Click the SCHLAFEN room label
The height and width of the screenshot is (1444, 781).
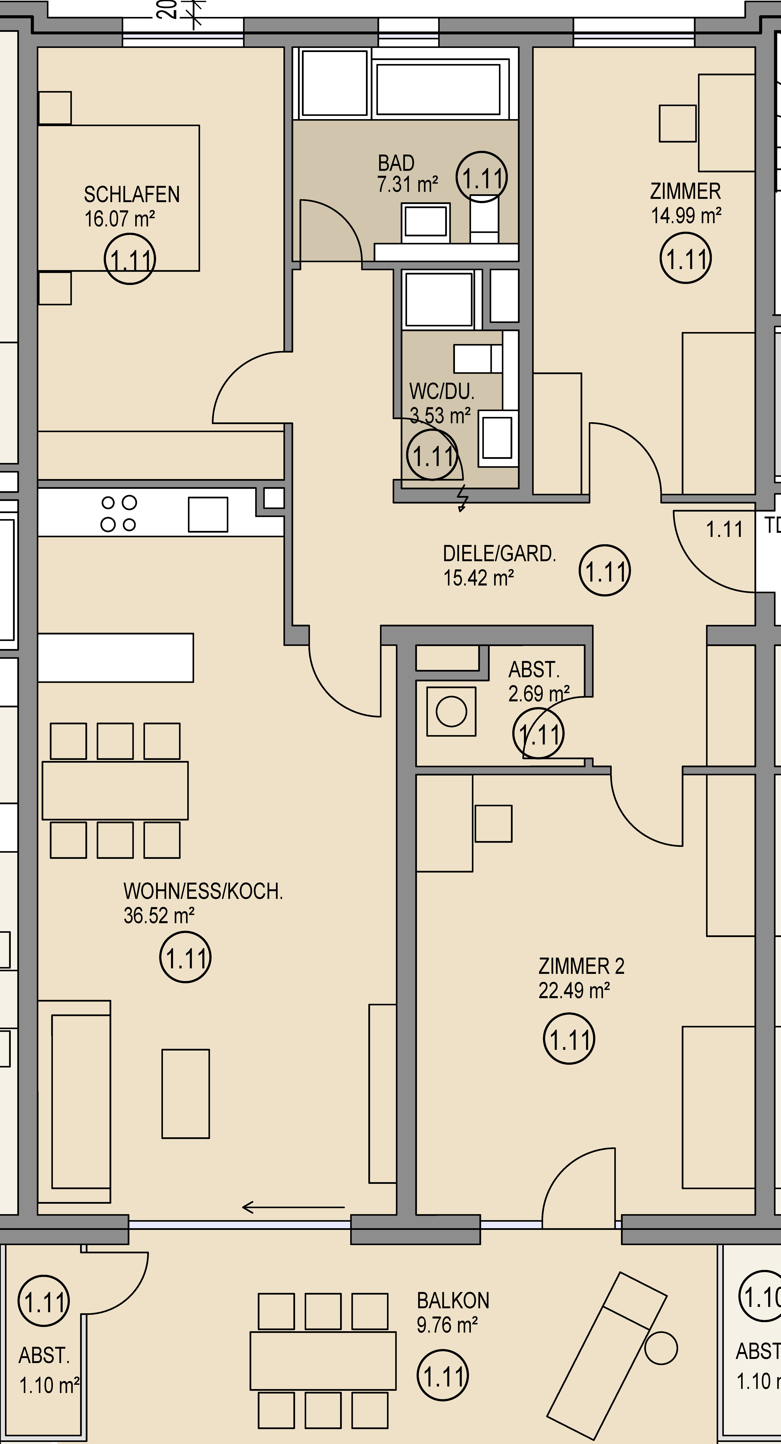[132, 195]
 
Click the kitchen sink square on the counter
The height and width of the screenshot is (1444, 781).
[208, 514]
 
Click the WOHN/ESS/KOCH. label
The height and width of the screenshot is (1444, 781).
[203, 891]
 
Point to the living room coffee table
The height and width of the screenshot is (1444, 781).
[186, 1093]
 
